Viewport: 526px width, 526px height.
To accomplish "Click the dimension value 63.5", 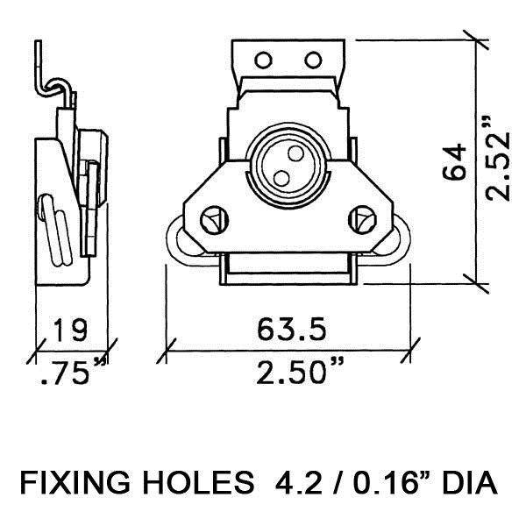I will click(x=292, y=331).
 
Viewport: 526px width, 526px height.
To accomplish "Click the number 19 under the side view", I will click(x=69, y=331).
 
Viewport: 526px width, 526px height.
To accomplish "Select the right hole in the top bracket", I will click(x=314, y=60).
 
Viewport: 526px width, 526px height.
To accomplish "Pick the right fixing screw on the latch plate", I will click(x=361, y=218).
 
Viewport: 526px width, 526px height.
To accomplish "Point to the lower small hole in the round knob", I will click(x=281, y=177).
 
